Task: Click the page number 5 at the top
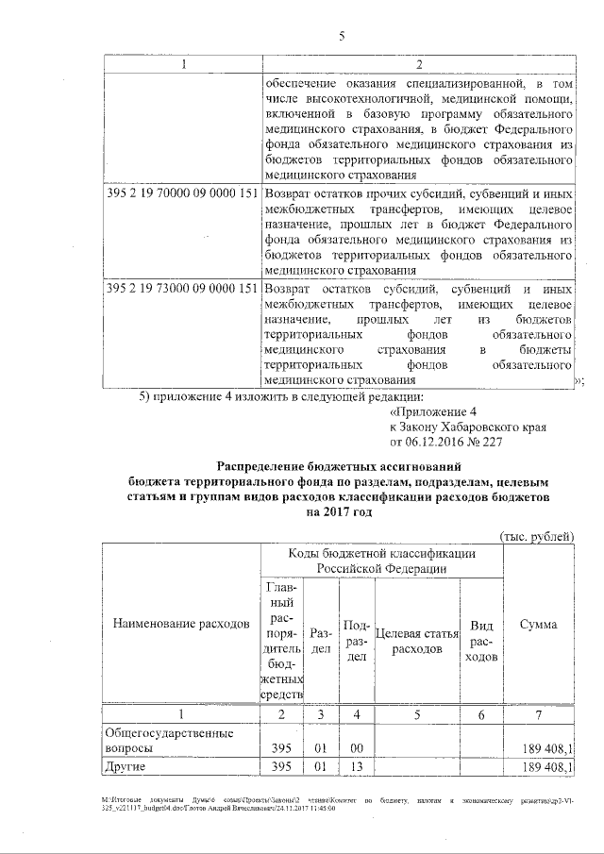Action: coord(343,37)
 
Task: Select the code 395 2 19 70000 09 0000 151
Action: coord(180,193)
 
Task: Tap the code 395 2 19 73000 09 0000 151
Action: coord(180,288)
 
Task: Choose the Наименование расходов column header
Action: coord(181,625)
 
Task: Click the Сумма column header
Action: coord(538,625)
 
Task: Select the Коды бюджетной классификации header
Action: coord(382,561)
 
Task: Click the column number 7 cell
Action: coord(538,714)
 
